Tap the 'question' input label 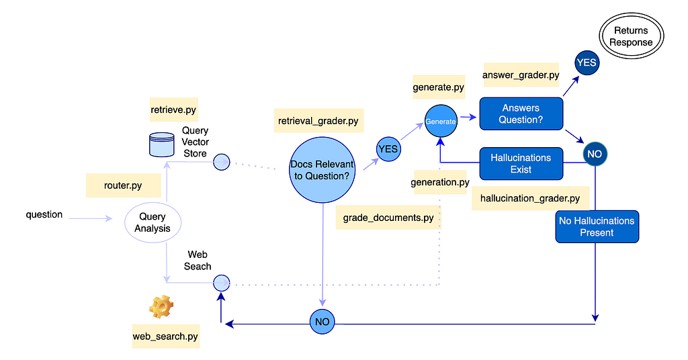[44, 214]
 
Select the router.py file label [124, 185]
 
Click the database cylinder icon [162, 144]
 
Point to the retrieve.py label [173, 109]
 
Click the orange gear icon [161, 306]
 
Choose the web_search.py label [165, 336]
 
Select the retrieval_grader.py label [318, 121]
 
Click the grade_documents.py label [388, 218]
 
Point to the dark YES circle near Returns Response [587, 62]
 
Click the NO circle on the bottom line [322, 322]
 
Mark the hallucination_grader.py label [531, 198]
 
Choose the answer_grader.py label [521, 75]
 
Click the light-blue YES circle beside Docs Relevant [388, 149]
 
